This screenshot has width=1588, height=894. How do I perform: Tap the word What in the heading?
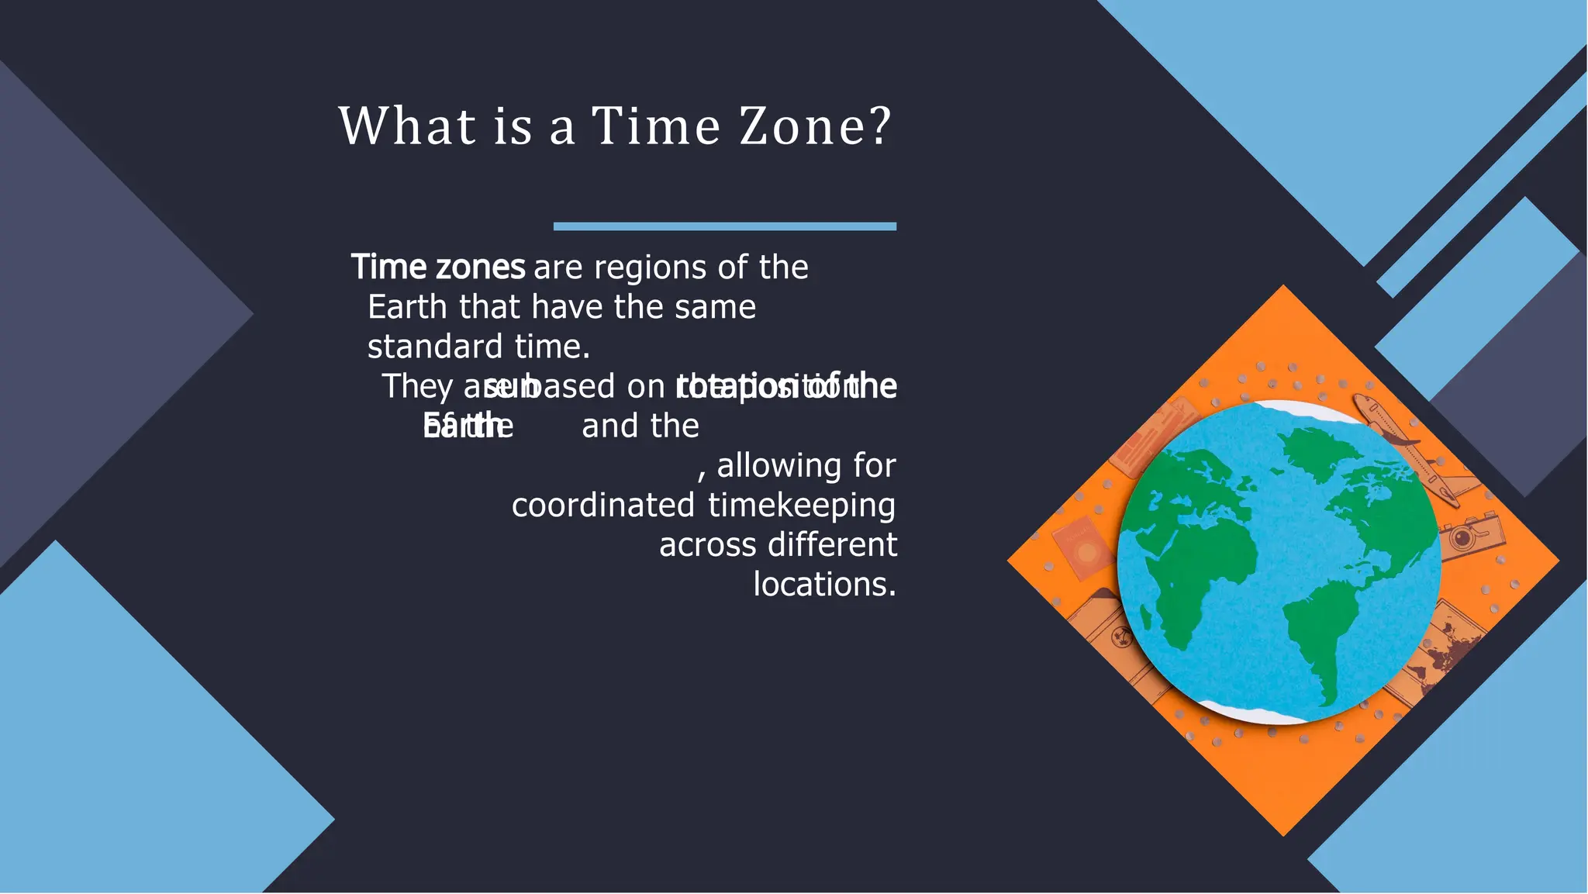coord(407,126)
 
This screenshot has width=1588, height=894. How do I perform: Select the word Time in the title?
coord(655,126)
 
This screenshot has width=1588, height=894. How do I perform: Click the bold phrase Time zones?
coord(438,268)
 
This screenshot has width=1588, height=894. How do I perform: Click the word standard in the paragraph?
coord(434,347)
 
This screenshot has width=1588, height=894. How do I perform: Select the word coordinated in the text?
coord(602,506)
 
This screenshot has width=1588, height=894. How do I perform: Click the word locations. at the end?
coord(824,585)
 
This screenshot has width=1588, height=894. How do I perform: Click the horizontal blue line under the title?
coord(724,226)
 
